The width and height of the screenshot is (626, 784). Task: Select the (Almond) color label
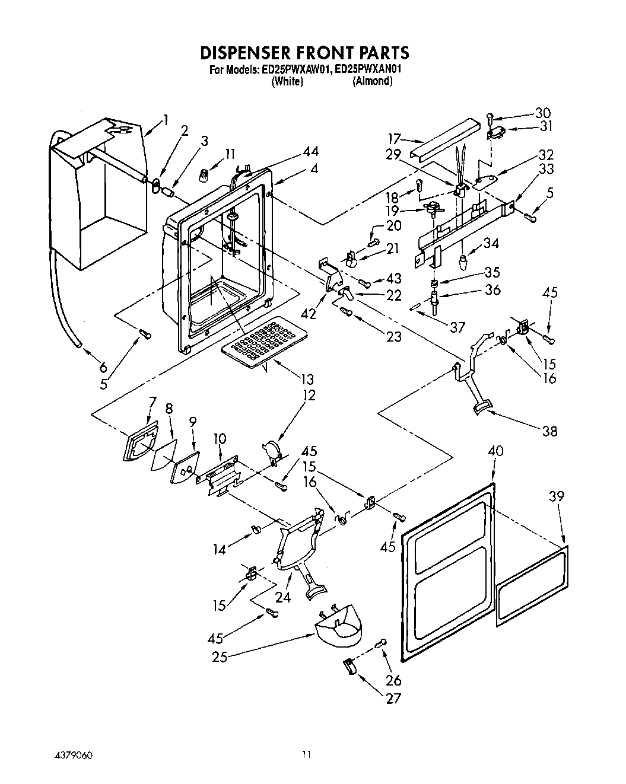372,82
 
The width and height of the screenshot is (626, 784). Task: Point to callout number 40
495,451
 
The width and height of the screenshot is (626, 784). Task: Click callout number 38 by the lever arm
549,431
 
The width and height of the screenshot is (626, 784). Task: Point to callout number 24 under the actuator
283,597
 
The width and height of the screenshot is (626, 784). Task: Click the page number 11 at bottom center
306,755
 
